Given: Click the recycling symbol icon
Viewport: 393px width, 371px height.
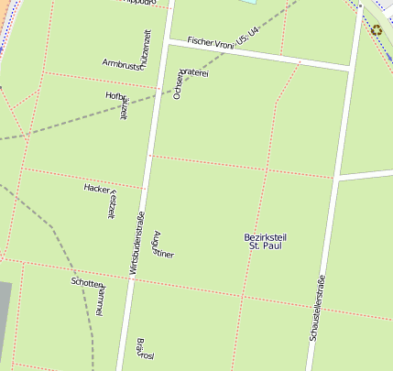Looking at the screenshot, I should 377,30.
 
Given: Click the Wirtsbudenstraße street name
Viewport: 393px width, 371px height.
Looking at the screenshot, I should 135,242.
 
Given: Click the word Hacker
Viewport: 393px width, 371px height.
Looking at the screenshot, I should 95,187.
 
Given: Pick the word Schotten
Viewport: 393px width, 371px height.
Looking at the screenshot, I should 86,283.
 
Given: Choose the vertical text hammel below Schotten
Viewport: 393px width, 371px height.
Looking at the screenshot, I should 101,300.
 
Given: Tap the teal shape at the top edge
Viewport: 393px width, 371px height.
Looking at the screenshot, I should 247,2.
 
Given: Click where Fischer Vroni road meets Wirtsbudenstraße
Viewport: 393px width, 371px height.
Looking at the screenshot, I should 167,38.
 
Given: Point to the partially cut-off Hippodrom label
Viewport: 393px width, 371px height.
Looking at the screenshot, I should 147,4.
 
